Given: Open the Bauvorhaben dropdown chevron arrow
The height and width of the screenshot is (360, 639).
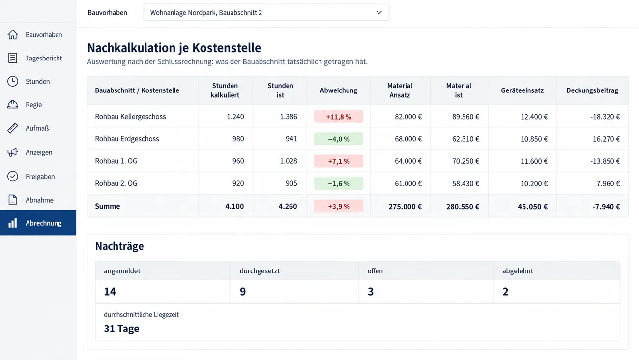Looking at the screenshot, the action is click(379, 13).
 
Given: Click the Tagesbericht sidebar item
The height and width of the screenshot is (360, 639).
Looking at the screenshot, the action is click(44, 58).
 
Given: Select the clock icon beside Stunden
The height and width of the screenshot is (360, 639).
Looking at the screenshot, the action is click(13, 81).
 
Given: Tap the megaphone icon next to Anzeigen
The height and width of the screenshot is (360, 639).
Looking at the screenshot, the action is click(13, 152).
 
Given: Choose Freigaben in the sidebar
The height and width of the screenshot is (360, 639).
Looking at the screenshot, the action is click(40, 177).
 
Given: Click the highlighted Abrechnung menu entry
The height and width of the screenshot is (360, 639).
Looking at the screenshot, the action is click(38, 223).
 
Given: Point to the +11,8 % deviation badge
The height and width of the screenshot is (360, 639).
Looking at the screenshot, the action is click(339, 117).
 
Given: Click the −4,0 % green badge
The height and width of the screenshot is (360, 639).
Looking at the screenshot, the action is click(339, 139).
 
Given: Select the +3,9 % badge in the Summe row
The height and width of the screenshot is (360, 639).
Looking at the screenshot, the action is click(339, 206).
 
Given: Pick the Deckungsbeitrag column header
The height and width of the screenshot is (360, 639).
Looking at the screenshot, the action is click(592, 90).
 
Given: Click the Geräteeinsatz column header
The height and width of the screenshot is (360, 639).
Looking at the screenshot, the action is click(523, 90).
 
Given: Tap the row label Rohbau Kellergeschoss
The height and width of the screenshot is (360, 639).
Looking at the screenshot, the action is click(130, 117).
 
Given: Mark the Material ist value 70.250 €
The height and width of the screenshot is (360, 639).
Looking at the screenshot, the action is click(465, 161).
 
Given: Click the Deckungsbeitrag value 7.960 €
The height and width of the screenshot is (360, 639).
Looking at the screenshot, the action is click(608, 183).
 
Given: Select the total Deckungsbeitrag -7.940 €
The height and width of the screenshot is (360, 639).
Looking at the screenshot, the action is click(606, 206).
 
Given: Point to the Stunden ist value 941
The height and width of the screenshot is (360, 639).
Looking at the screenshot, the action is click(291, 139).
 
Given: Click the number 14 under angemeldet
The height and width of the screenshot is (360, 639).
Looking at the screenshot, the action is click(110, 292).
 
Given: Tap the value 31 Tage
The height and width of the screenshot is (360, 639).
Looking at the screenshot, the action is click(121, 329).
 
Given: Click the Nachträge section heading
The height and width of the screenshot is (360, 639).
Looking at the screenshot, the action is click(119, 246).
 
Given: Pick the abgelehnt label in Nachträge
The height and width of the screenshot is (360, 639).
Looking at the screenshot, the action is click(518, 271).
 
